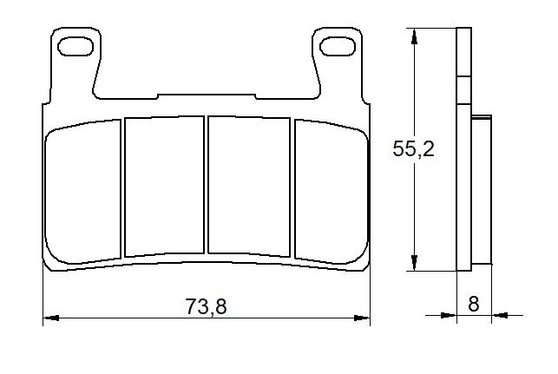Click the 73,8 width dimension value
click(206, 306)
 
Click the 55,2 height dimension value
click(414, 148)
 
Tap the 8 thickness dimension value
click(473, 304)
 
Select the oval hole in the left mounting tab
click(75, 46)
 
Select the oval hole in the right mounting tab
click(338, 46)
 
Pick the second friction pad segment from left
click(164, 186)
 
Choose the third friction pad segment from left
click(249, 186)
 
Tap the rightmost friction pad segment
click(332, 192)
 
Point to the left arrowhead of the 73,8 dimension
click(51, 318)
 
